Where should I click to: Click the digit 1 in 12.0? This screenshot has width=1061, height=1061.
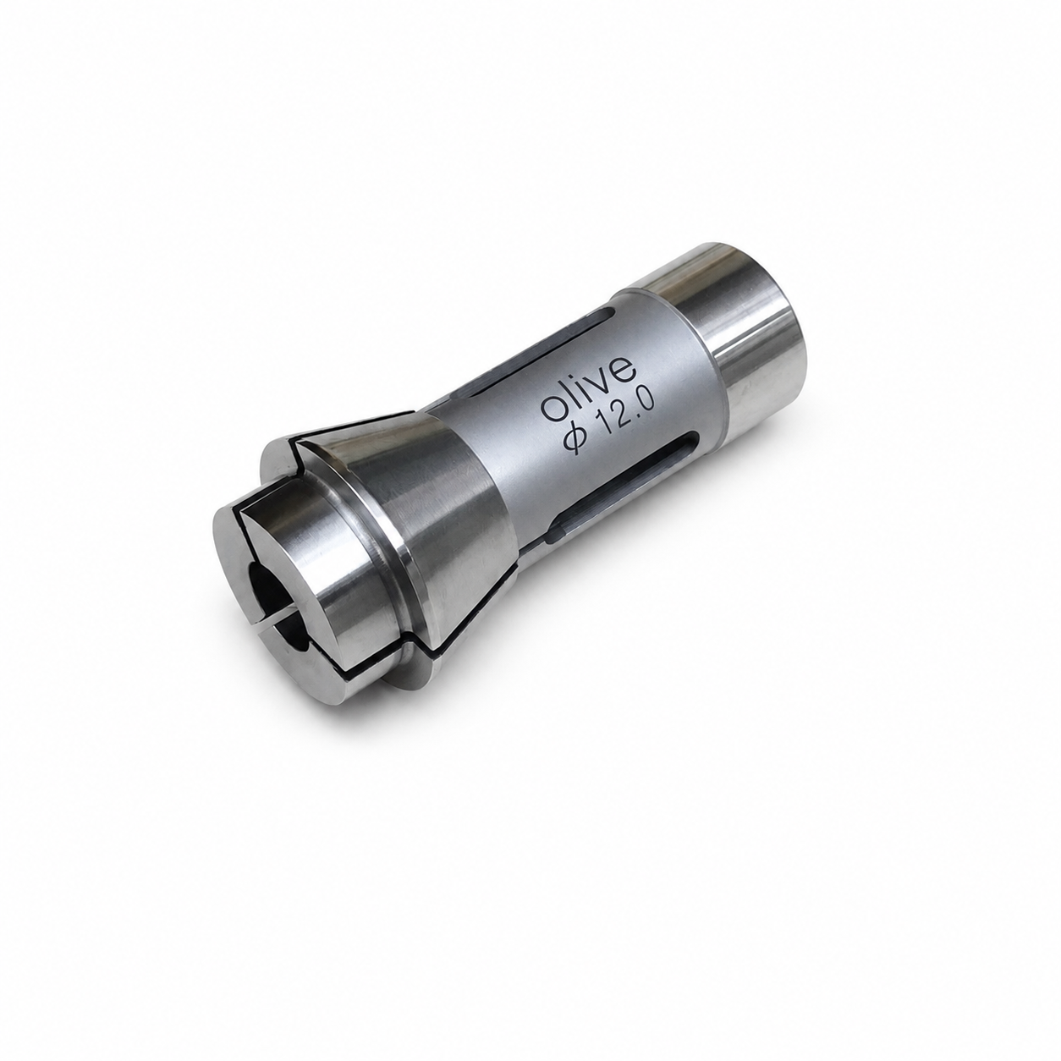point(604,430)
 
